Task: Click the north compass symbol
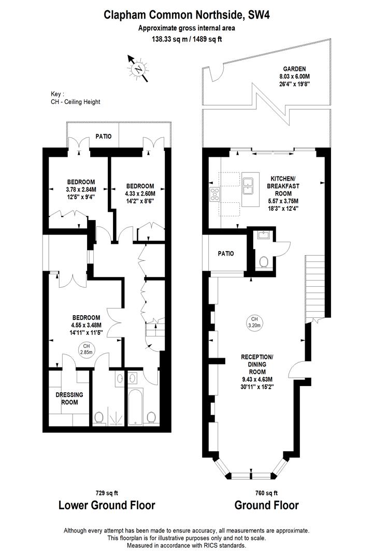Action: pos(138,69)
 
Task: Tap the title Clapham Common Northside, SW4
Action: pos(187,16)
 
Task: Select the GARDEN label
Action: pos(294,68)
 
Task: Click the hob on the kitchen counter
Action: pos(214,195)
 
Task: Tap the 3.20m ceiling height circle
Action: pos(254,322)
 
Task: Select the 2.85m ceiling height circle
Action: pos(86,349)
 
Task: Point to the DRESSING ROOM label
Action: pos(69,398)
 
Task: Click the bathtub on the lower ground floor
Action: pos(134,404)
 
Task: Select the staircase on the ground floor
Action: pos(315,287)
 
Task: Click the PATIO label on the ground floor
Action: pos(225,254)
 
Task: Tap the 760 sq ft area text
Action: pos(266,493)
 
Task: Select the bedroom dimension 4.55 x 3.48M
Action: pos(86,325)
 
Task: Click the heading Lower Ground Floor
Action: pos(106,505)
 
